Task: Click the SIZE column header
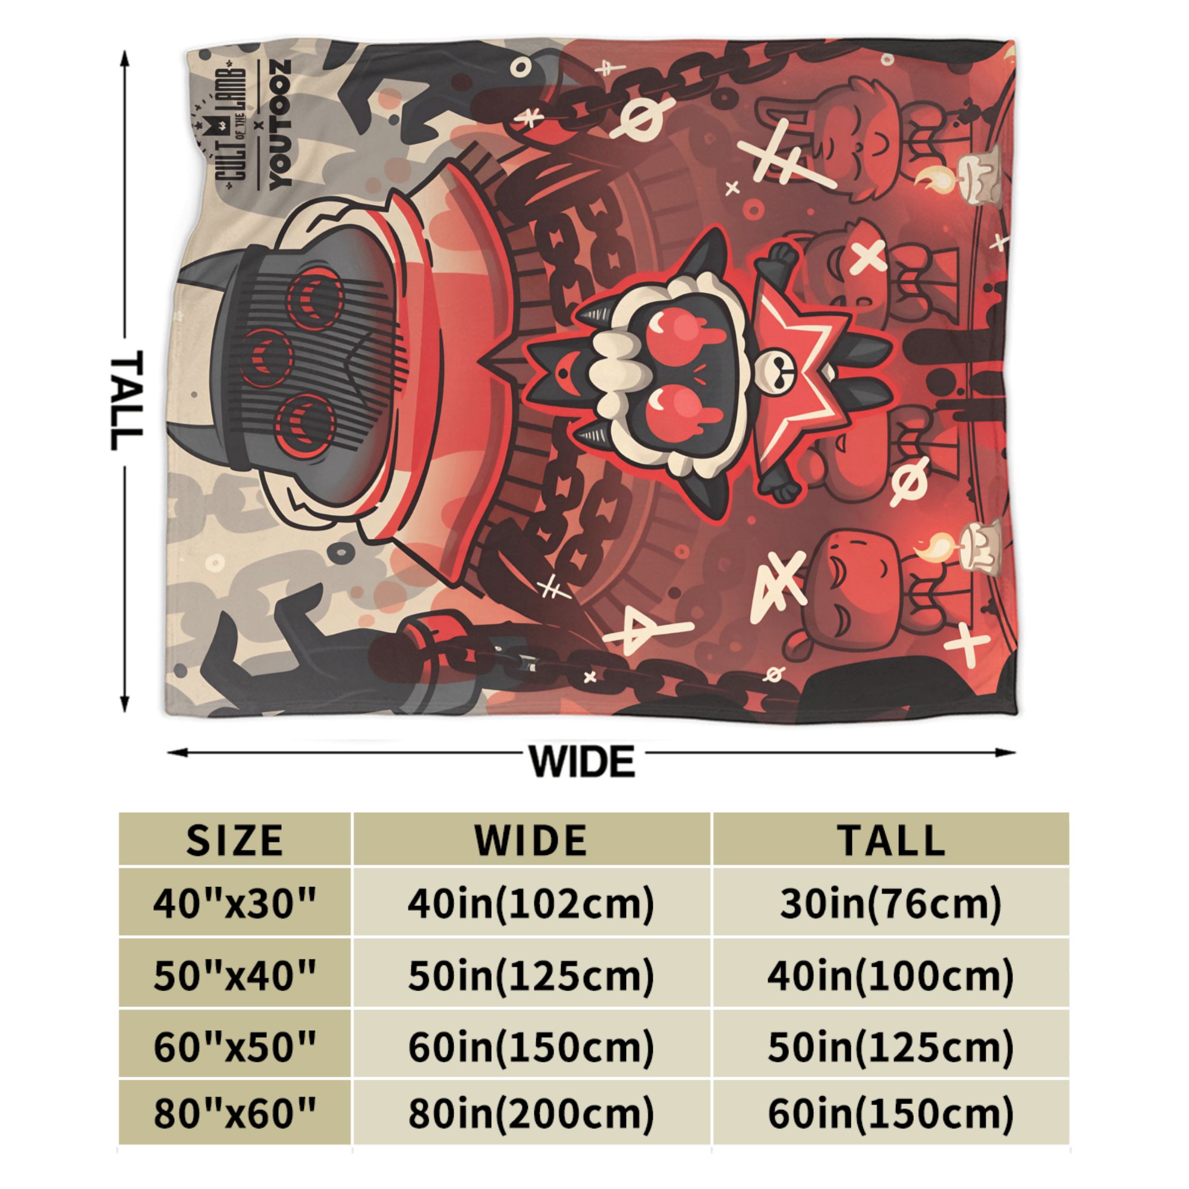[235, 839]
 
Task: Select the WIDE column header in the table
[530, 839]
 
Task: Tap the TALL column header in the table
[891, 839]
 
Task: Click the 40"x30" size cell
[235, 904]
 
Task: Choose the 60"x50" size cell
[235, 1048]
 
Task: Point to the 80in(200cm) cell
[530, 1119]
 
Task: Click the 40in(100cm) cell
[891, 977]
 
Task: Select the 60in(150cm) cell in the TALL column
[891, 1119]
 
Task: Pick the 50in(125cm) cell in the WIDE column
[530, 977]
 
